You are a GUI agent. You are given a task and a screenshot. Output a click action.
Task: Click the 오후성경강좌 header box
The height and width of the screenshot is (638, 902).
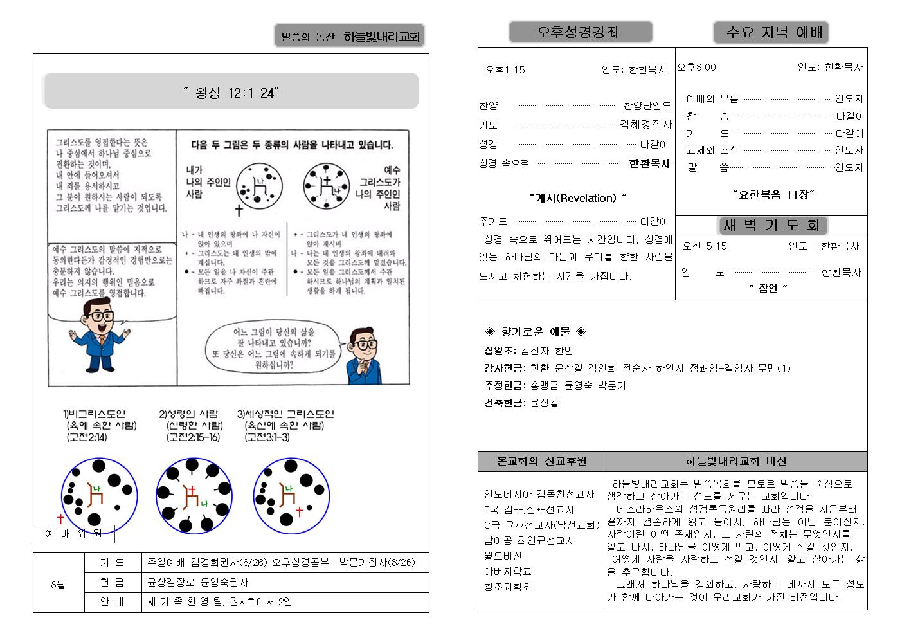[580, 32]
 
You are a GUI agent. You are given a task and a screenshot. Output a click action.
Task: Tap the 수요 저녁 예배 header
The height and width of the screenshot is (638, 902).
[770, 32]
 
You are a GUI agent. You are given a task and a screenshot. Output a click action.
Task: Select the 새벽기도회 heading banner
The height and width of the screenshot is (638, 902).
[771, 225]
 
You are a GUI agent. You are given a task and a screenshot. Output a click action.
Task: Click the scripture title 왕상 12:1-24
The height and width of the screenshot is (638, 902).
[231, 93]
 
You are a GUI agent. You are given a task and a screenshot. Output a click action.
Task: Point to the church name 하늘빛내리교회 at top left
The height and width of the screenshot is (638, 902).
[381, 37]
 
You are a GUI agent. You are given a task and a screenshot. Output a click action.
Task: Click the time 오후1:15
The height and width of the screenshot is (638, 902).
[505, 69]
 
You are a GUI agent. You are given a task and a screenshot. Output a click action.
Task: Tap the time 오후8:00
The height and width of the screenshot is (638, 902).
[697, 67]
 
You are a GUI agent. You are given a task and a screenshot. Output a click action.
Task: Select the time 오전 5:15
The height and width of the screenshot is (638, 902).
[705, 246]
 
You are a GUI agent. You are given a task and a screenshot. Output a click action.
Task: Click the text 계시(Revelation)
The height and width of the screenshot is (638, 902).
[578, 198]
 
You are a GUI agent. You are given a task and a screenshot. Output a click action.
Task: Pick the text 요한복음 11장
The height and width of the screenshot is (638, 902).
[773, 194]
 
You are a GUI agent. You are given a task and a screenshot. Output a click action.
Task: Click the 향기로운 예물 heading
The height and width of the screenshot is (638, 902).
[535, 332]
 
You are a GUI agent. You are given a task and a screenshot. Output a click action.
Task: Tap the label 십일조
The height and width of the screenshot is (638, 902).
[500, 351]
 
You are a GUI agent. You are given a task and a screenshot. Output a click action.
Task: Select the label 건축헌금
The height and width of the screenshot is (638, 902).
[505, 403]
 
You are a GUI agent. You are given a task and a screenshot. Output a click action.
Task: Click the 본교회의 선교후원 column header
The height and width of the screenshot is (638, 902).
[541, 461]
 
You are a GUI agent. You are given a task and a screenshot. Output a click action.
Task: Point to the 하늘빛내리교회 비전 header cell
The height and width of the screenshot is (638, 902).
[736, 461]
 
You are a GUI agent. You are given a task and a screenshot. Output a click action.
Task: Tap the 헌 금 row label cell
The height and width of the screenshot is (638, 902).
[113, 582]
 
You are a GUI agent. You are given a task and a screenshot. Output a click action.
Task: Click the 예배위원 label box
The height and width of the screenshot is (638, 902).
[73, 534]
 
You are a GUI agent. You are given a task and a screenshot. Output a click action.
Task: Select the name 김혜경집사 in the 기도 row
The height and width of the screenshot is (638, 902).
[645, 125]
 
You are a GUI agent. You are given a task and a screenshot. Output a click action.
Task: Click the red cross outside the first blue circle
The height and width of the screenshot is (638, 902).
[61, 518]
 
